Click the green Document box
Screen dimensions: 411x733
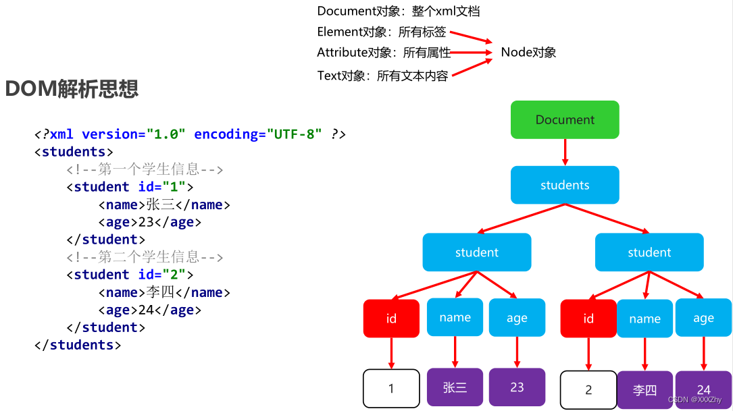(565, 120)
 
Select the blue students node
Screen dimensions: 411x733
(565, 185)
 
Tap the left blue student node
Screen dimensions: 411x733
(476, 252)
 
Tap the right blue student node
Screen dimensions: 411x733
(649, 252)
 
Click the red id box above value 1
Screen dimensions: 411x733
(391, 319)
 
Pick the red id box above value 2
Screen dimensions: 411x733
(588, 319)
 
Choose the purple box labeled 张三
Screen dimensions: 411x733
(455, 387)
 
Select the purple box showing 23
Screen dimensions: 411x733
(517, 387)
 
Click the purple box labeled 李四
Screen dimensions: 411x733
(644, 389)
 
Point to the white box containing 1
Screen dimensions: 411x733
(391, 389)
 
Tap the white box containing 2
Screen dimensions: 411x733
(588, 389)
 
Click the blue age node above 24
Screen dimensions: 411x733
(703, 318)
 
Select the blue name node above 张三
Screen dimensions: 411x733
(455, 317)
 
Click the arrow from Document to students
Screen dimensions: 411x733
(565, 152)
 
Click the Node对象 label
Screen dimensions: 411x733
(528, 53)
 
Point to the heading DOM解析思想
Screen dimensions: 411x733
(72, 89)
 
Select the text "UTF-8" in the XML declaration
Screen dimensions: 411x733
(294, 134)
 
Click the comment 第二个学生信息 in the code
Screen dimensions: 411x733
(145, 257)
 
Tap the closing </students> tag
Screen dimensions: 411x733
(77, 345)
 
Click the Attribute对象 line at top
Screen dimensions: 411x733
(383, 53)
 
